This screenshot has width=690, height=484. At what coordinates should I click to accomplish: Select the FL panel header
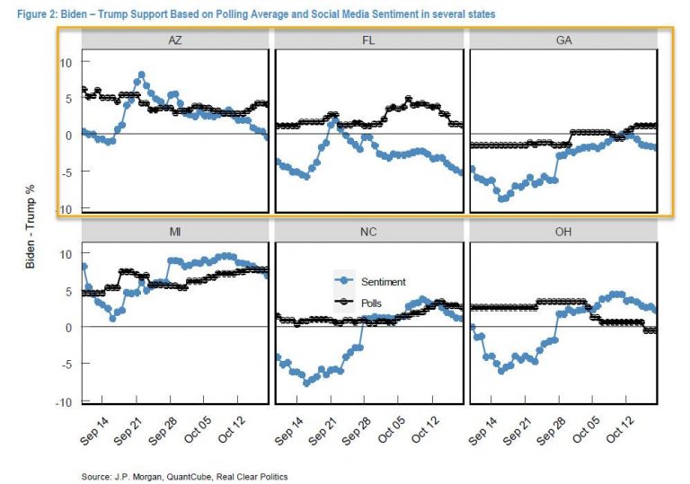coord(368,41)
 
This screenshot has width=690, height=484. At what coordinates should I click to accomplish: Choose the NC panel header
coord(368,234)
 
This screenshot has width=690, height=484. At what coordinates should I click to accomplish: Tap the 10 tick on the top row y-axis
coord(65,62)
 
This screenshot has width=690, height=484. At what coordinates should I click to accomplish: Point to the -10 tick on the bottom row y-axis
coord(63,401)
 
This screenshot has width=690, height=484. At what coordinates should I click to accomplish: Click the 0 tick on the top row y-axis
coord(68,136)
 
